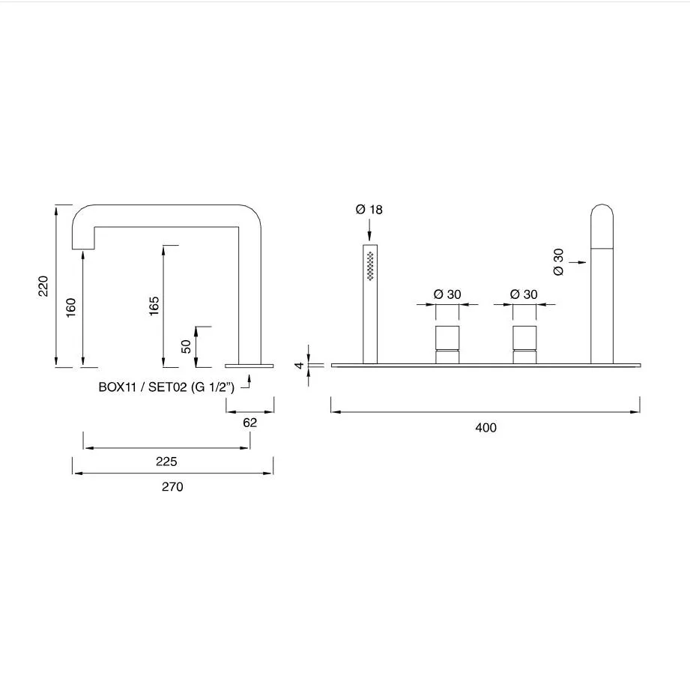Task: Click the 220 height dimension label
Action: (x=43, y=286)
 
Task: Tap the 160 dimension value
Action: (x=70, y=308)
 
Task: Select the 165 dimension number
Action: (x=154, y=306)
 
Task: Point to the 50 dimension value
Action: (x=186, y=346)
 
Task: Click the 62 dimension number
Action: (x=250, y=423)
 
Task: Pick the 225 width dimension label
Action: (x=166, y=461)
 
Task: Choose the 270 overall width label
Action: (x=172, y=487)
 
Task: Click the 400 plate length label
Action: (x=485, y=427)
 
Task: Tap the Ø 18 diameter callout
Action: (x=369, y=210)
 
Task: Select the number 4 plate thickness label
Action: (x=299, y=365)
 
